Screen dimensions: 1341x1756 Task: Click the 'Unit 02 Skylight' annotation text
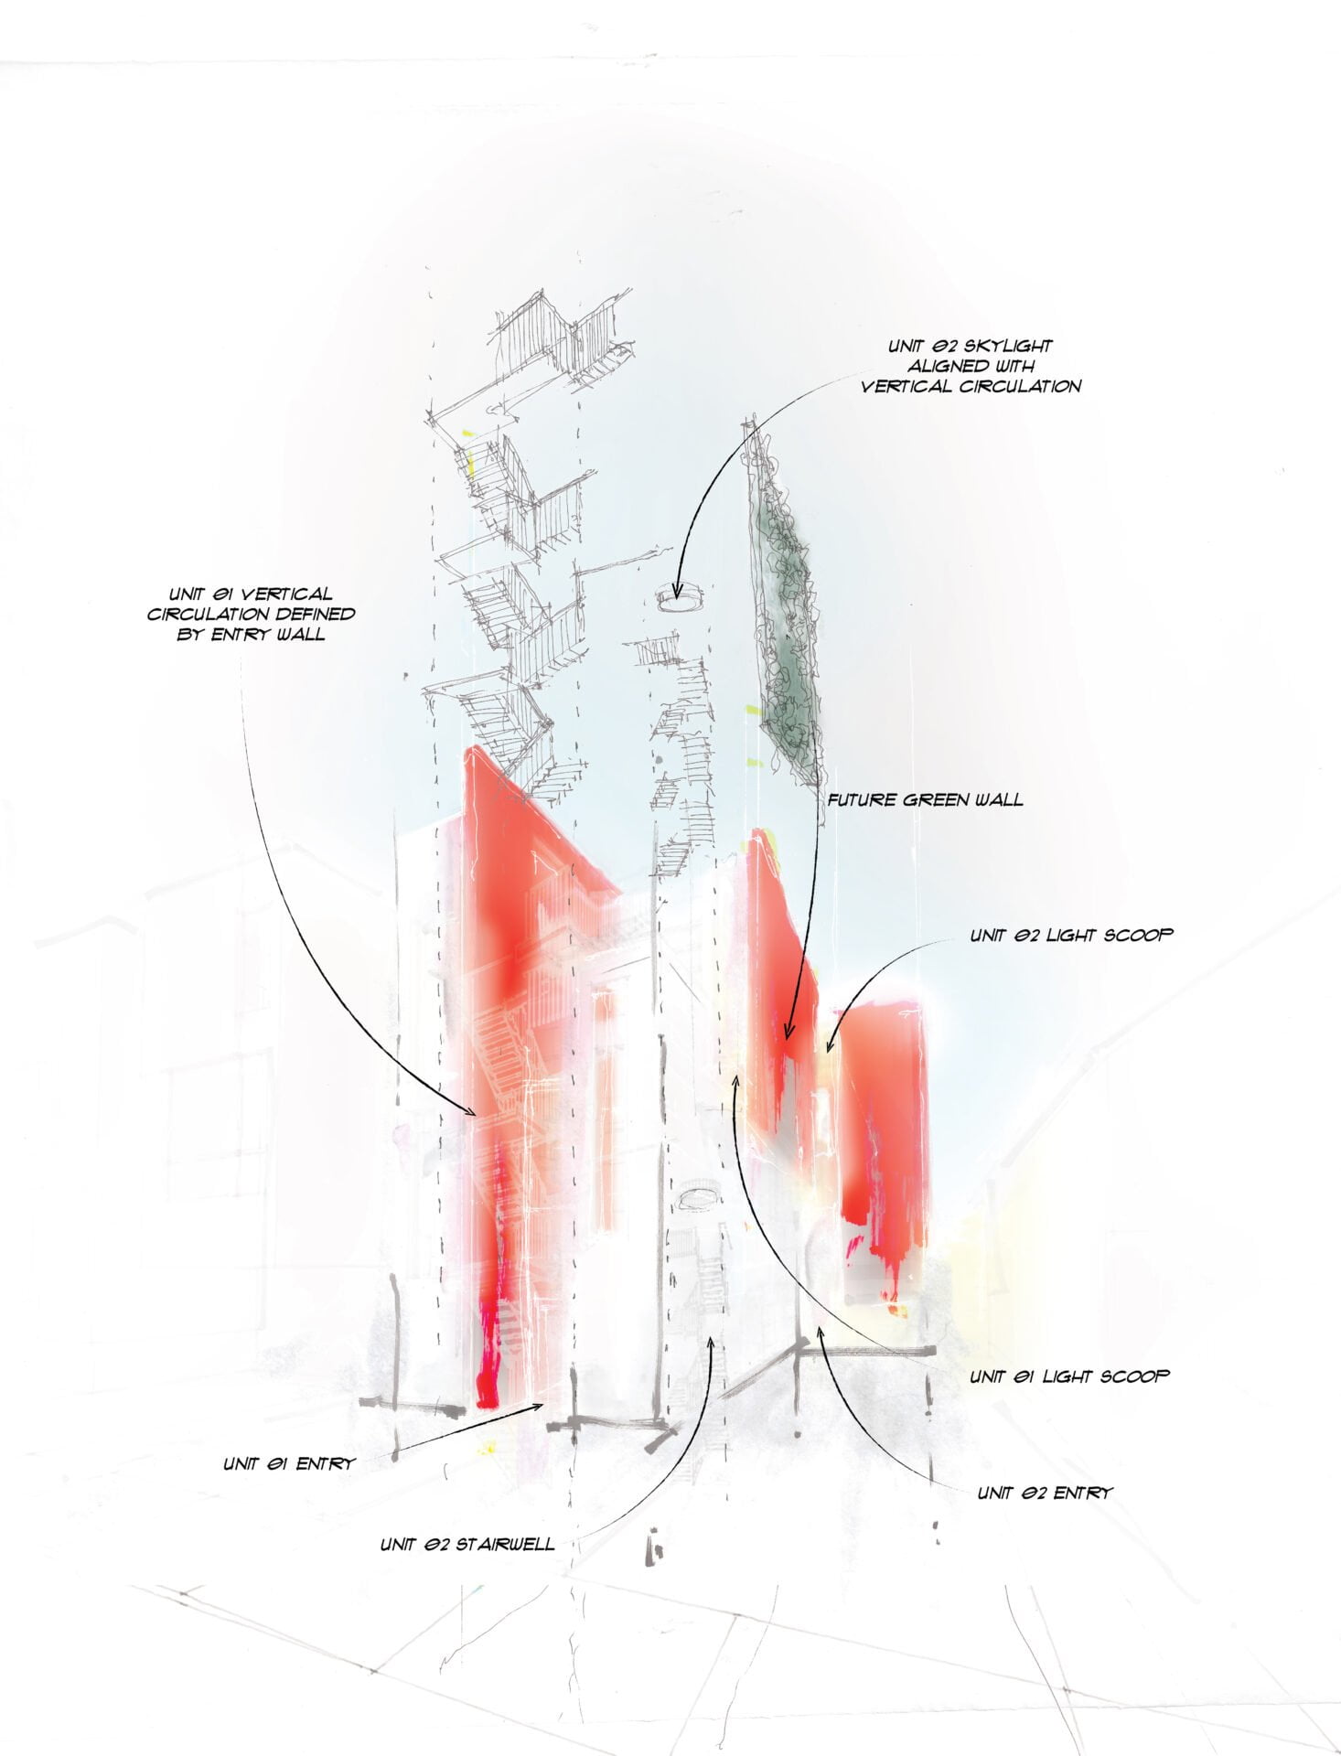coord(971,366)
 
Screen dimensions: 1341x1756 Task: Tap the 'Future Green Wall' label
coord(925,799)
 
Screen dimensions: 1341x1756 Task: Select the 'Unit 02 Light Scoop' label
coord(1071,935)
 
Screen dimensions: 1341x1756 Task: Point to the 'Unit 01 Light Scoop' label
coord(1069,1376)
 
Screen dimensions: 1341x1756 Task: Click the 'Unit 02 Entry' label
coord(1045,1493)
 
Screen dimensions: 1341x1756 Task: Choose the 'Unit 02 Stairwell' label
coord(467,1545)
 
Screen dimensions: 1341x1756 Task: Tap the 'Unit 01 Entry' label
coord(288,1463)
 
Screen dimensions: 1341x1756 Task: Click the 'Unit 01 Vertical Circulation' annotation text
coord(251,614)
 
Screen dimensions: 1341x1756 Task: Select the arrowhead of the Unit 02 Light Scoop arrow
coord(830,1044)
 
